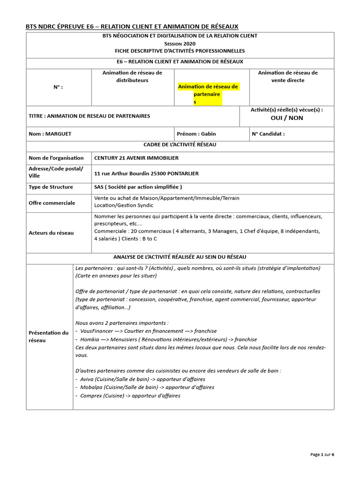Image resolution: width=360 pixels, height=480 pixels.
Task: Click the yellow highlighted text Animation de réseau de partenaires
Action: (208, 94)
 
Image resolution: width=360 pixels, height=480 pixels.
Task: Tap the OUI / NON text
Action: (289, 118)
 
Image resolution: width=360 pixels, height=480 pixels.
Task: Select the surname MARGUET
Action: (57, 134)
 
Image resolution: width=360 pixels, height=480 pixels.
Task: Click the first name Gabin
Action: (209, 134)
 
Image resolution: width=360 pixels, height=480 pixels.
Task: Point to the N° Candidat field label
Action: (268, 134)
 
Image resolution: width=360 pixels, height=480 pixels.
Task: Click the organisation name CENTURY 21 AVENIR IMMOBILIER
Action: (136, 158)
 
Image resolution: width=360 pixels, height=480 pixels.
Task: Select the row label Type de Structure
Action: (51, 187)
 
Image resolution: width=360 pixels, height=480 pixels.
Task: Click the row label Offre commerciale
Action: (52, 203)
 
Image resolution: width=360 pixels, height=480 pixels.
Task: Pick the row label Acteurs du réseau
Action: (51, 232)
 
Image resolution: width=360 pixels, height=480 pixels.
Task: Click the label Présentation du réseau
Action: (48, 336)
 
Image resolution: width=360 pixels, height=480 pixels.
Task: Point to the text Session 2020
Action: (180, 43)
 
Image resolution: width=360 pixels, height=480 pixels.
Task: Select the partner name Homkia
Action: (89, 339)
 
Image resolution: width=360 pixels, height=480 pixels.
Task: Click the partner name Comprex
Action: (91, 396)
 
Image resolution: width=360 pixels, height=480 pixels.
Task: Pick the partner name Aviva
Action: (87, 379)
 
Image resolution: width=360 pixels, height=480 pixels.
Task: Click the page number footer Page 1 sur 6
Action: (322, 455)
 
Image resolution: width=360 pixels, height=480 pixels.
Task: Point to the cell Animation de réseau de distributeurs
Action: (132, 76)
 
